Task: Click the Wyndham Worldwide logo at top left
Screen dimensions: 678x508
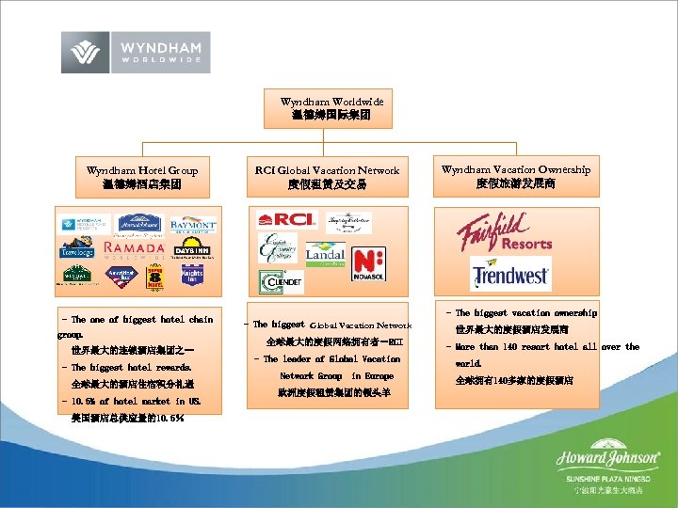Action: (136, 52)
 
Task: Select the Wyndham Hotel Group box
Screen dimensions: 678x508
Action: (142, 177)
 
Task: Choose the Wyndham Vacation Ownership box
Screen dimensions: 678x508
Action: (516, 176)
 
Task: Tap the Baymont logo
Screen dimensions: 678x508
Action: (193, 225)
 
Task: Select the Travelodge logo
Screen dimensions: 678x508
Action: (78, 252)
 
